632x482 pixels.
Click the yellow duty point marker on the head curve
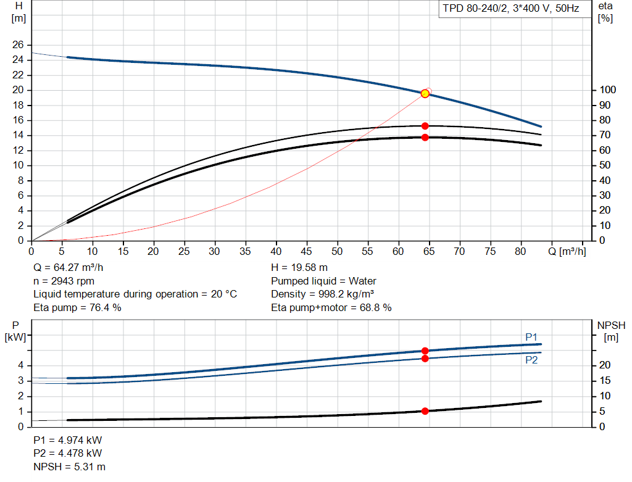coord(425,93)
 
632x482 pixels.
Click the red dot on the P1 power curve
coord(425,351)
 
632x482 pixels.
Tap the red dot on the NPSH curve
coord(425,411)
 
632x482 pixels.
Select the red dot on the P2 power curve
coord(425,359)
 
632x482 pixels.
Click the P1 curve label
coord(531,337)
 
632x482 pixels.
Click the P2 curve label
coord(531,360)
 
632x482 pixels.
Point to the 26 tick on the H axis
coord(18,44)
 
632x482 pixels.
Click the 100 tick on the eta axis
coord(608,89)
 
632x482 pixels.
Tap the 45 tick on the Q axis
coord(306,251)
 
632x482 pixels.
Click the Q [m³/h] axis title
coord(567,251)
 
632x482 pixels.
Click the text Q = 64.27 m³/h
coord(68,267)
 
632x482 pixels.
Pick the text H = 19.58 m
coord(299,267)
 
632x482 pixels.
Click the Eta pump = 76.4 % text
coord(77,307)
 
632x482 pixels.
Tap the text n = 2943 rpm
coord(64,281)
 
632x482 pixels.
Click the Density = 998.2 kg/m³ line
coord(322,294)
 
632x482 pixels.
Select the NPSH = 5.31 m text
coord(69,467)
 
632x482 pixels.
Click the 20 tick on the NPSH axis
coord(605,365)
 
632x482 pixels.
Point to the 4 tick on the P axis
coord(21,365)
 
